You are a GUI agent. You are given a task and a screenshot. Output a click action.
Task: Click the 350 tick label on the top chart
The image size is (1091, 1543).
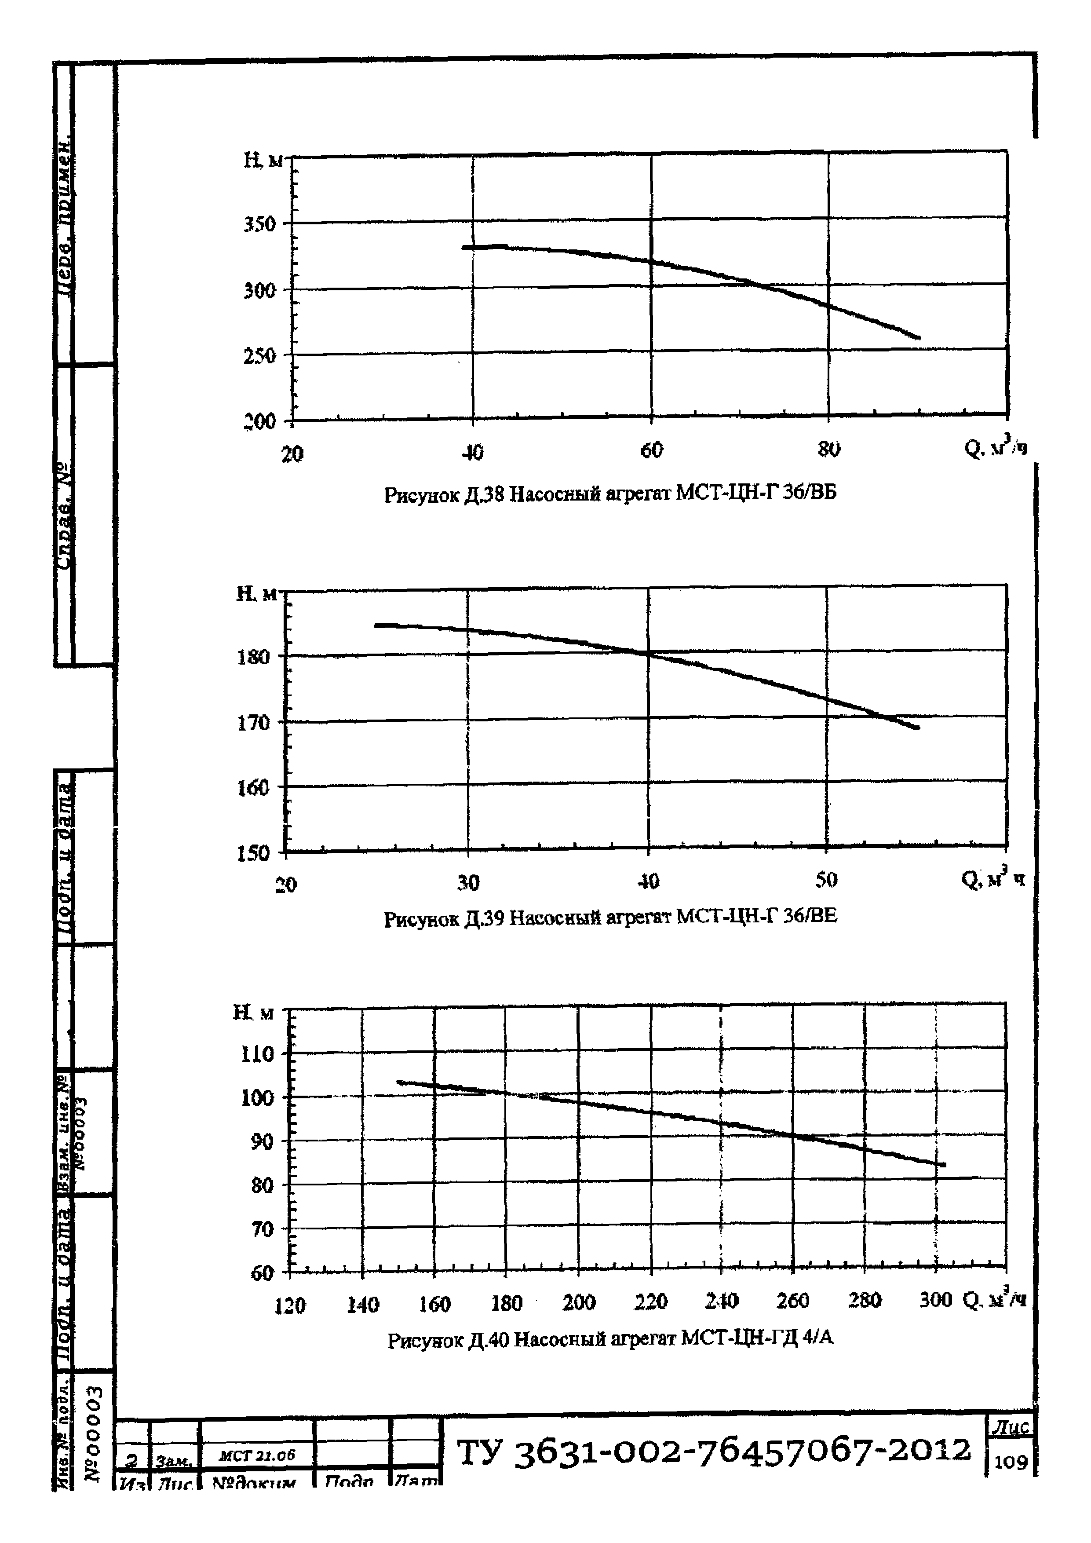(260, 224)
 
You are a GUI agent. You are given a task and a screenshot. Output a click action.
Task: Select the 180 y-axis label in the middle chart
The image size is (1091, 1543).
(254, 657)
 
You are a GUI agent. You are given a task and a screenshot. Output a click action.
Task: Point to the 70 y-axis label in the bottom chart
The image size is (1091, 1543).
(262, 1229)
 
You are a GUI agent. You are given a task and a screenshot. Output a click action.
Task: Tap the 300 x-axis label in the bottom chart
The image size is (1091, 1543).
(935, 1300)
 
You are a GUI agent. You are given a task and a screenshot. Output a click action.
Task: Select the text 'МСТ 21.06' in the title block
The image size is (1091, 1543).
(257, 1455)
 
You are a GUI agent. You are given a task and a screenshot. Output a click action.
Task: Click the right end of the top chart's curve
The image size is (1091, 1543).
(919, 337)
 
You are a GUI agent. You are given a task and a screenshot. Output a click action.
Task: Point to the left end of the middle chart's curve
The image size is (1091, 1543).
(377, 625)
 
